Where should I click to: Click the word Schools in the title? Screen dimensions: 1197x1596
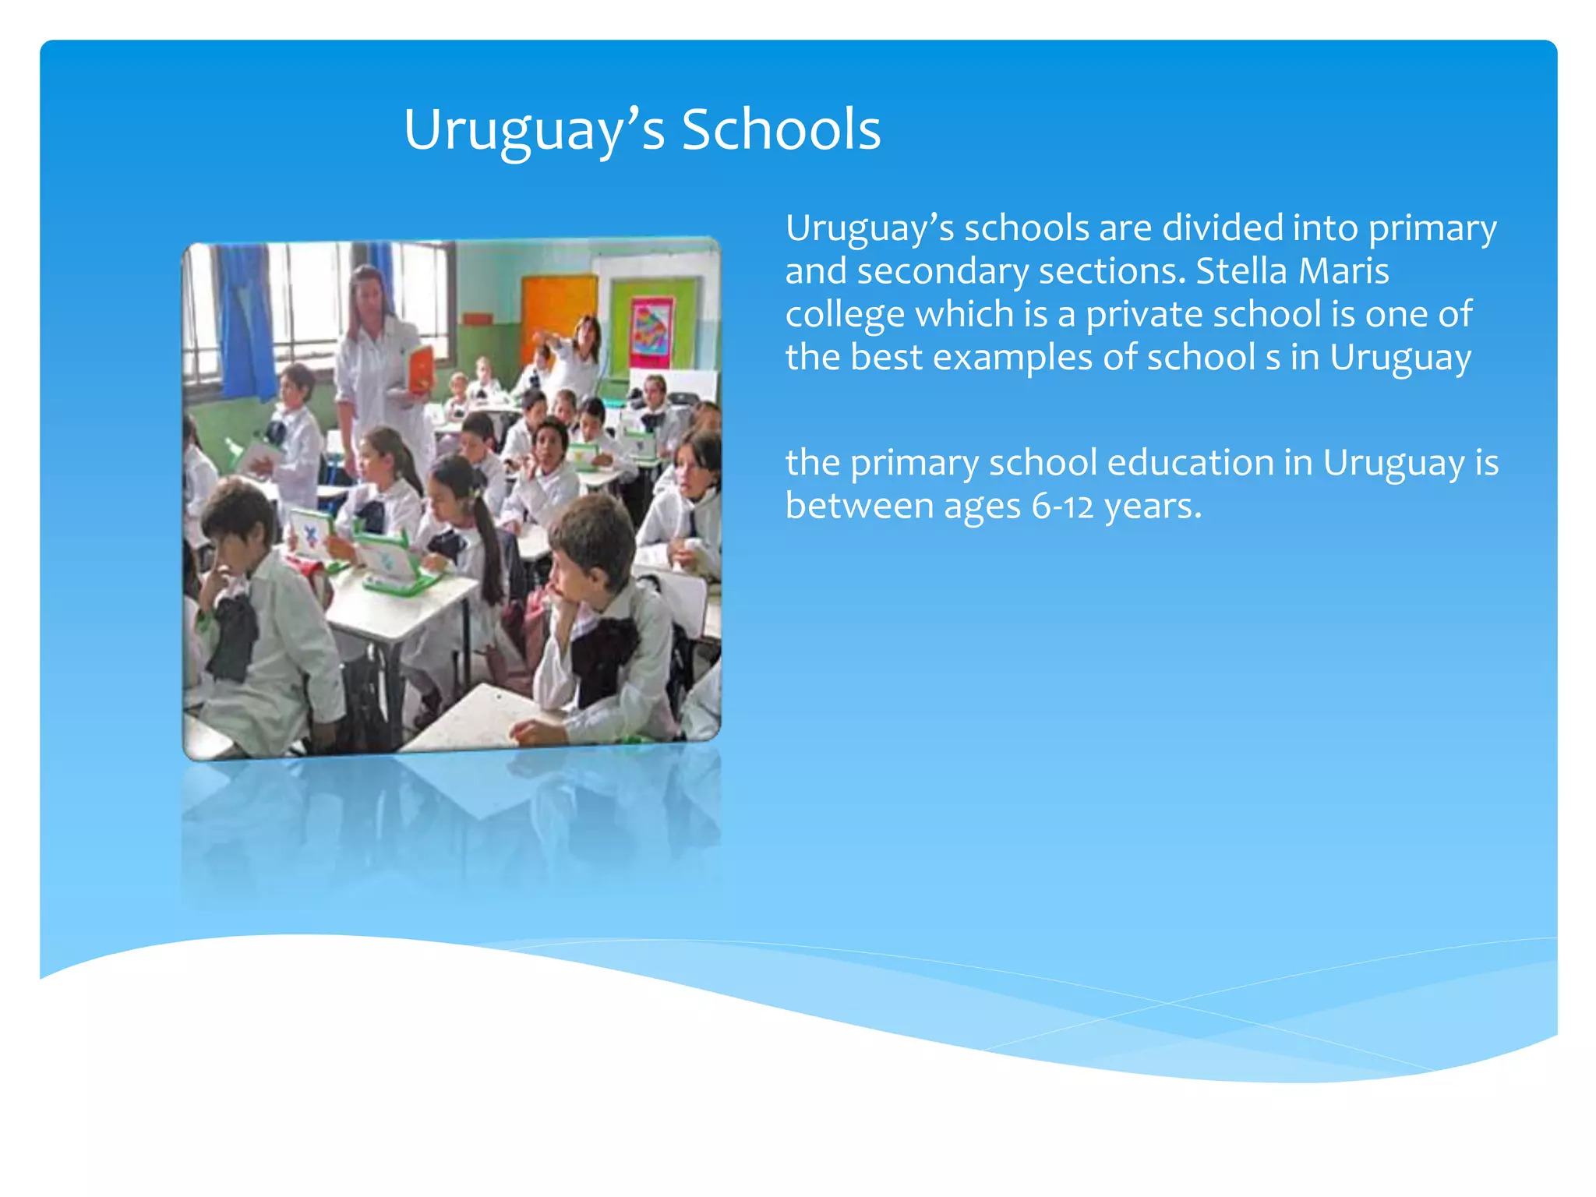781,129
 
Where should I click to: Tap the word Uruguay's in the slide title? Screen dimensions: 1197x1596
534,129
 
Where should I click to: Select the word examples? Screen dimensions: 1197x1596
1012,358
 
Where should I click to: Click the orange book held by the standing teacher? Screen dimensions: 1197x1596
420,369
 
